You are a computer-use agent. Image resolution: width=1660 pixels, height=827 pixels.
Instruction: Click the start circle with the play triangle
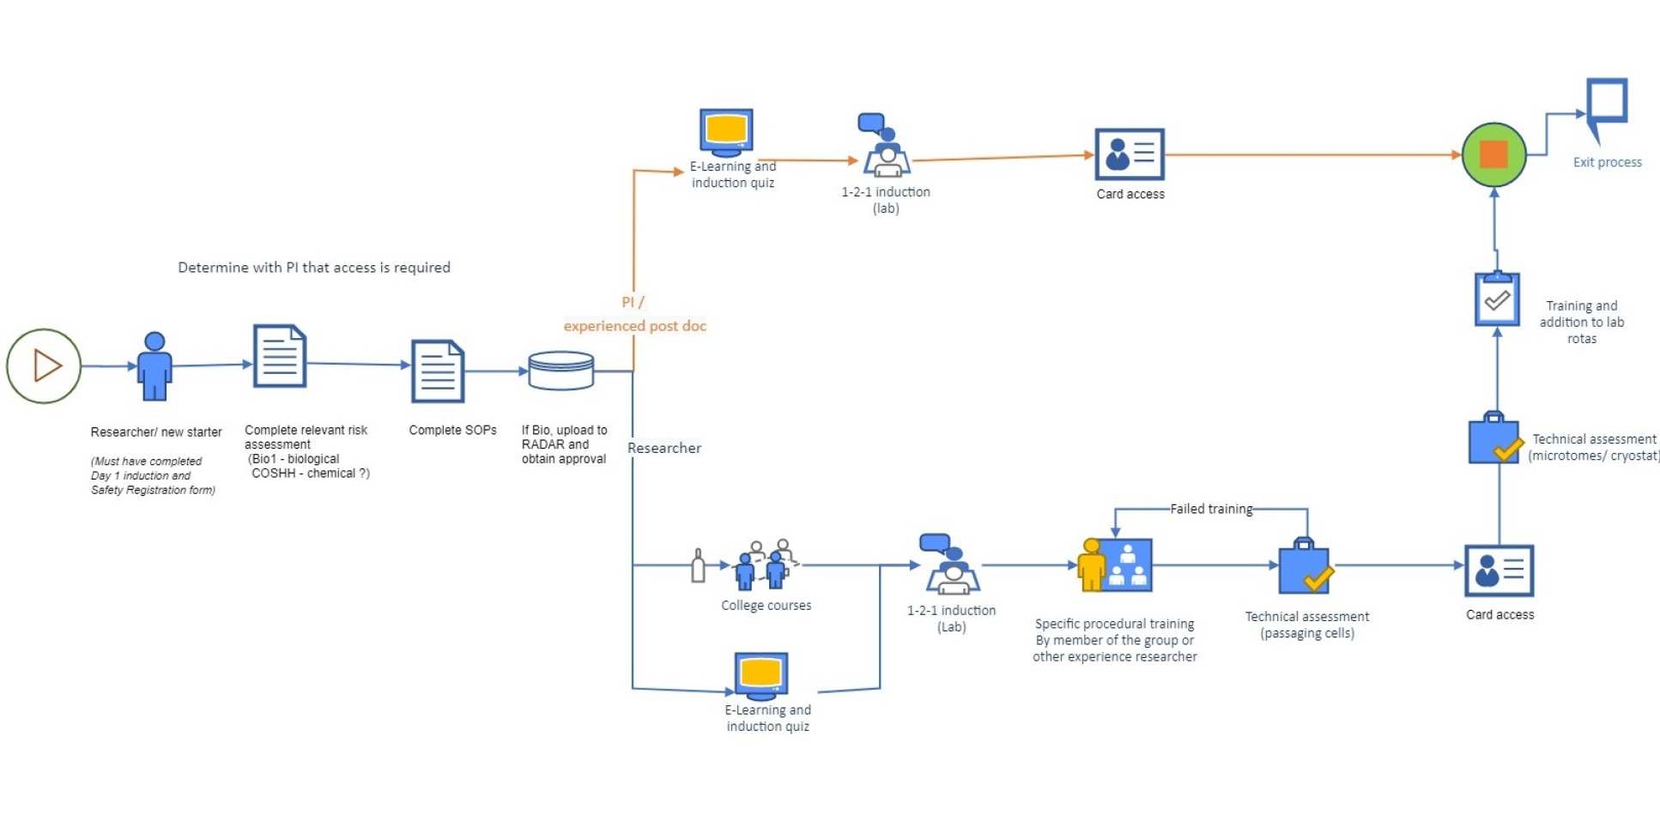[x=44, y=366]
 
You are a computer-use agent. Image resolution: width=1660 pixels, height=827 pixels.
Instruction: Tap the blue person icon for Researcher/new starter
[x=154, y=366]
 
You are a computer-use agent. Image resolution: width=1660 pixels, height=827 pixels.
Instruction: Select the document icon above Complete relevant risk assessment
[x=280, y=356]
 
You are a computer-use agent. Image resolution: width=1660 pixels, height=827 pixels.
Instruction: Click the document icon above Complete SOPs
[x=438, y=371]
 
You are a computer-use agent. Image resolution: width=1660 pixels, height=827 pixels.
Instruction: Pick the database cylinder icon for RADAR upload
[x=561, y=371]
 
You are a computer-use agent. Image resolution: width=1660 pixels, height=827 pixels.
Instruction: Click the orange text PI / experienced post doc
[x=634, y=315]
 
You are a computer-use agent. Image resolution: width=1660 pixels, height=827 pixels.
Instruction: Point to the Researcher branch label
[x=663, y=448]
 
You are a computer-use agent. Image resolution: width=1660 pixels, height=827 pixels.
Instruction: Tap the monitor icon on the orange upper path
[x=726, y=132]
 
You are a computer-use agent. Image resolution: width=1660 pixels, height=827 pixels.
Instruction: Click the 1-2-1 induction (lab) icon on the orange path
[x=885, y=148]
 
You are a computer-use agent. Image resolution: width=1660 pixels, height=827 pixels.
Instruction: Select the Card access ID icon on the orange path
[x=1130, y=154]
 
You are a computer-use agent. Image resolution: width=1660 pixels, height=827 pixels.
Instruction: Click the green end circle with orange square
[x=1493, y=155]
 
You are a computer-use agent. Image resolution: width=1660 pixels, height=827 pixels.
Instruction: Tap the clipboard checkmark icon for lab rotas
[x=1497, y=299]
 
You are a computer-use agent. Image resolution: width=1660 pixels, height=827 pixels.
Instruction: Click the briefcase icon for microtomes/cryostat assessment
[x=1495, y=438]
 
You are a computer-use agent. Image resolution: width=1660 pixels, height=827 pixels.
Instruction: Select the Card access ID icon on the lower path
[x=1499, y=570]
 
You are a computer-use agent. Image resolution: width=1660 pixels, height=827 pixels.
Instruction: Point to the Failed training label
[x=1211, y=509]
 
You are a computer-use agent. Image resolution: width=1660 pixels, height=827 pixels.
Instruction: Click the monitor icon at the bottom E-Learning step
[x=761, y=674]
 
